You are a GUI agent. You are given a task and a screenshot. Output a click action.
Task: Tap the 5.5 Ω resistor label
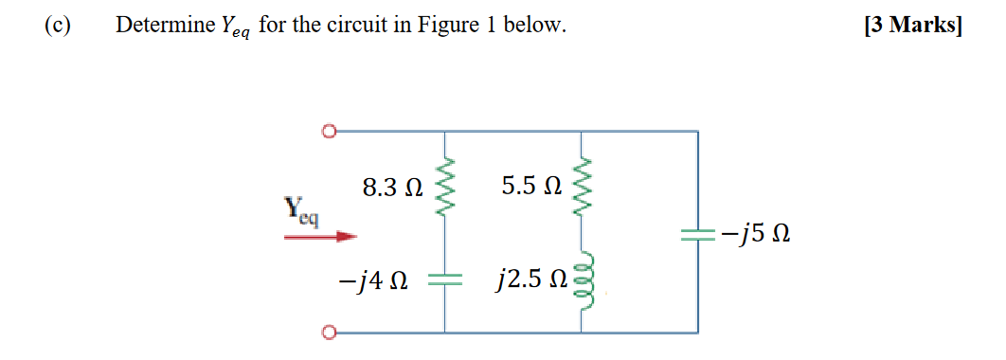pyautogui.click(x=531, y=187)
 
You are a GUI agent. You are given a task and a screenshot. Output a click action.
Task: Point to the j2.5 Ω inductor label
pyautogui.click(x=531, y=280)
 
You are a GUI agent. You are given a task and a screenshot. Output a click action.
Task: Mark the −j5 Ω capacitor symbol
pyautogui.click(x=698, y=233)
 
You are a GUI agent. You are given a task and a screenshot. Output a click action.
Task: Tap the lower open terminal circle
pyautogui.click(x=329, y=333)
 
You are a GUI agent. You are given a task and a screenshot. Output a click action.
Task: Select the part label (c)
pyautogui.click(x=58, y=26)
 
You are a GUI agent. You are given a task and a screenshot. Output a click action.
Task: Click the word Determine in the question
pyautogui.click(x=158, y=26)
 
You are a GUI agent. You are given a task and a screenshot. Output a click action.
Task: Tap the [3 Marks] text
pyautogui.click(x=912, y=26)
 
